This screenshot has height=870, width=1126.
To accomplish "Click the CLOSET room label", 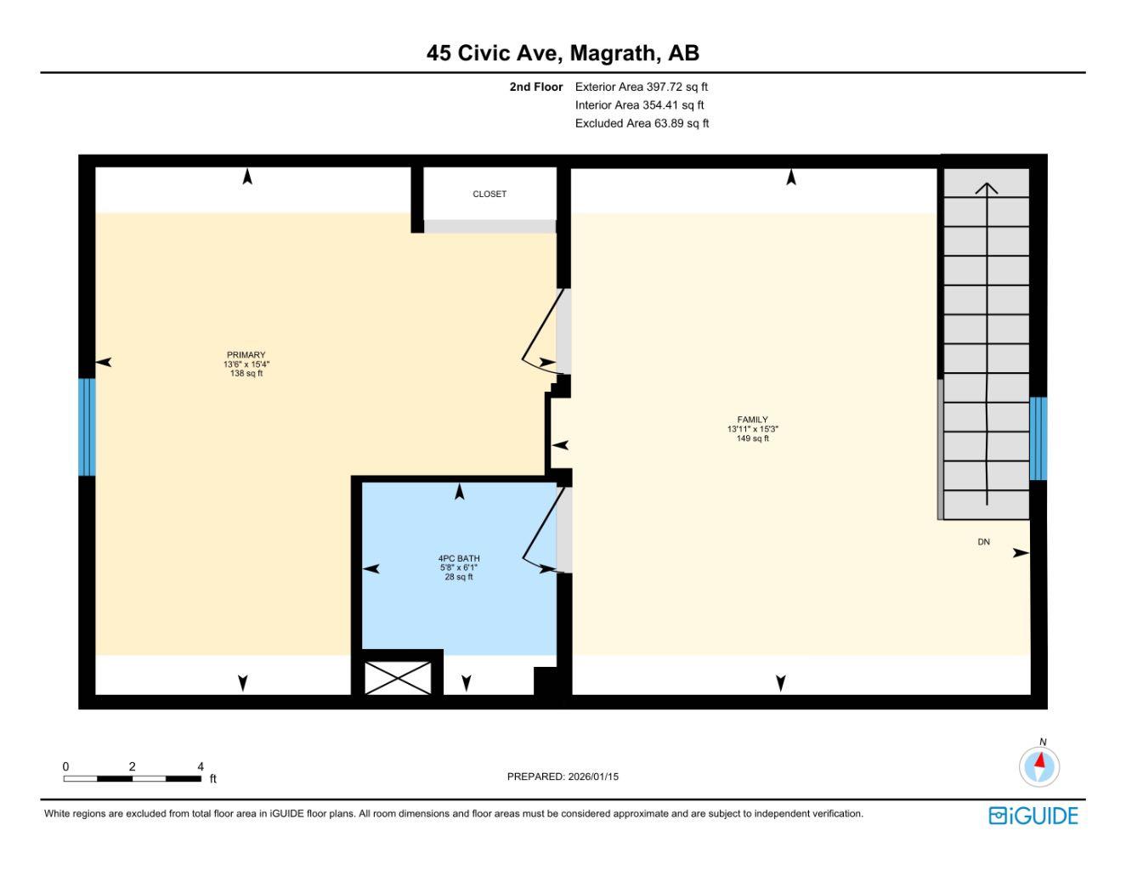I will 489,195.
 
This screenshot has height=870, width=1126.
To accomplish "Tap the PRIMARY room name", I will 246,355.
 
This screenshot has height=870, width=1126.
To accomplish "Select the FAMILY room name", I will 752,420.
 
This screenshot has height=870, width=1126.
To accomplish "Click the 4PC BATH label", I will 459,559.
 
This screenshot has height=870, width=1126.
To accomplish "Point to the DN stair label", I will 983,542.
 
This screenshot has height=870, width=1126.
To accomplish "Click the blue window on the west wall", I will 87,427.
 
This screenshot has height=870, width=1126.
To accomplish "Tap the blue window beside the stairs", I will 1038,438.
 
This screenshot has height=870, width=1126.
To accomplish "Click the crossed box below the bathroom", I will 398,677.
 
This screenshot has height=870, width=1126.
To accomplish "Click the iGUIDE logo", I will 1033,816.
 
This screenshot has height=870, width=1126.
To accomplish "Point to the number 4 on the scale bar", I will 201,766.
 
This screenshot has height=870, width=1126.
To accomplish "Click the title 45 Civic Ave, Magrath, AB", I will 563,54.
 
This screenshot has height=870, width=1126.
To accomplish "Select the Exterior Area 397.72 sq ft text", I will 641,87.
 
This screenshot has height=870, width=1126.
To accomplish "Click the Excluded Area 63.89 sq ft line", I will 642,123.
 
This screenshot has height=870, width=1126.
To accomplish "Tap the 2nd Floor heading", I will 536,87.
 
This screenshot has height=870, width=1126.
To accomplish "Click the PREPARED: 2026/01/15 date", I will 563,777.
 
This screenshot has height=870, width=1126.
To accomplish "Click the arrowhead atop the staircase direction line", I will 986,188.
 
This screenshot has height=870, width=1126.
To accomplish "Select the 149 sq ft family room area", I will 752,438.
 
